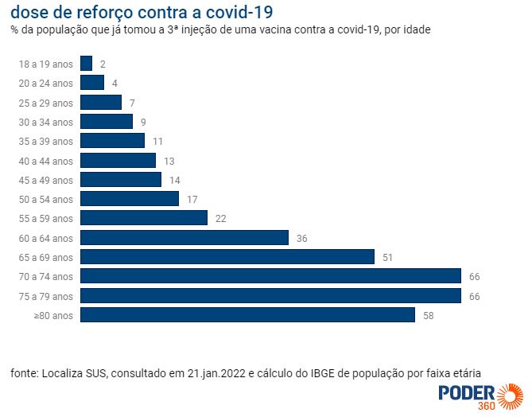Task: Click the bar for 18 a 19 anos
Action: pos(87,64)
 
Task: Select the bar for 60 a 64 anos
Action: pos(184,238)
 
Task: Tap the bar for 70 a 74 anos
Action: pos(270,276)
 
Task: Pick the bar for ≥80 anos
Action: pos(247,315)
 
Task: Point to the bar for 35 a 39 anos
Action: pos(112,141)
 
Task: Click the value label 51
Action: pos(387,257)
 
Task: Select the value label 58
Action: pos(428,315)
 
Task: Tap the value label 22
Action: pos(220,218)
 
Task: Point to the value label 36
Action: pos(301,238)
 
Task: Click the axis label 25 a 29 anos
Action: pos(46,103)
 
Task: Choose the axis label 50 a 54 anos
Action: pos(46,199)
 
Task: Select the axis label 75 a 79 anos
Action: pos(46,296)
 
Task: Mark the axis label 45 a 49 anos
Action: pos(46,180)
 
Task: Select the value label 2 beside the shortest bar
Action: pos(103,64)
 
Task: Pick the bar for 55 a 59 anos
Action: pos(144,218)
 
